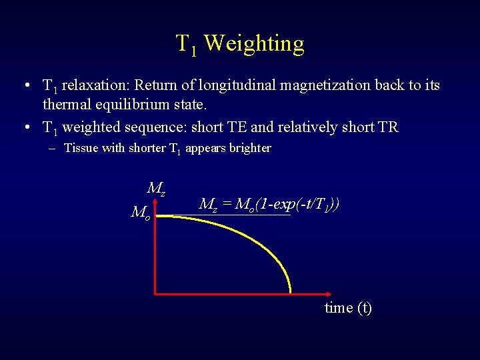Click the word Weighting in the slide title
(x=254, y=44)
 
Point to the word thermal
(x=65, y=105)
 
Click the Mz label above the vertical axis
(x=156, y=189)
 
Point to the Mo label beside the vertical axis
(x=141, y=213)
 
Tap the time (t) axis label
(x=348, y=308)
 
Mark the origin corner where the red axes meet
(x=155, y=293)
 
